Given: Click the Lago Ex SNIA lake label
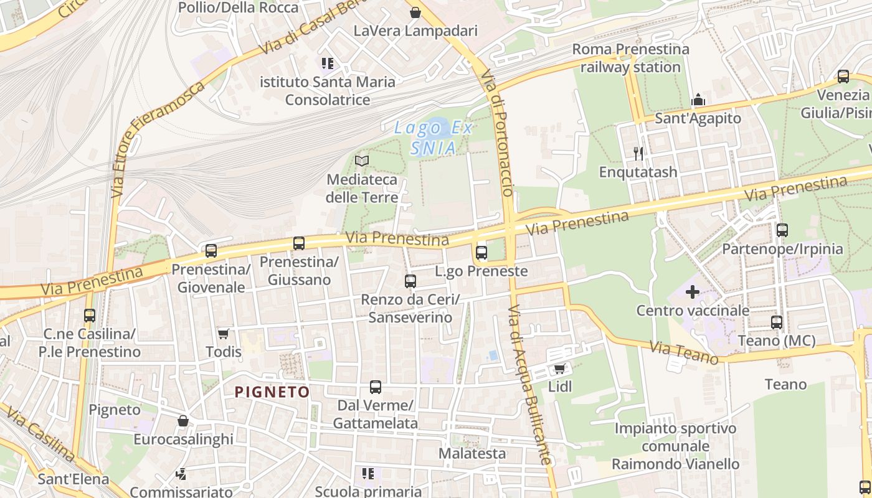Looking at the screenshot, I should click(434, 138).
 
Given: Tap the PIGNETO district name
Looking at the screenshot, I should click(272, 392).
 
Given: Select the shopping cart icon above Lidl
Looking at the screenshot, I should click(559, 369).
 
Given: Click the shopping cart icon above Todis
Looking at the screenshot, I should click(223, 334).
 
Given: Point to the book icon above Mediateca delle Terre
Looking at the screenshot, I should click(362, 161).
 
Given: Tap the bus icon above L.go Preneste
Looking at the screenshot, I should click(481, 253).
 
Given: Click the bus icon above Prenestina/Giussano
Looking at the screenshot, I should click(299, 243).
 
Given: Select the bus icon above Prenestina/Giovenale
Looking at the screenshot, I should click(211, 251).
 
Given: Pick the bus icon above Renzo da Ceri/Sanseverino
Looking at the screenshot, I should click(410, 281).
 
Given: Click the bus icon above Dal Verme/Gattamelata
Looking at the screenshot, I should click(375, 387).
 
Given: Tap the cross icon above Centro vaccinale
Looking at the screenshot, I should click(692, 292).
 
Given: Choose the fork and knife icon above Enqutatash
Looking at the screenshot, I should click(638, 153).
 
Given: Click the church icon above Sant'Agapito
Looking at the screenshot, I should click(698, 100).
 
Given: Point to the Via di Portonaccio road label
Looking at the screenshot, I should click(500, 138).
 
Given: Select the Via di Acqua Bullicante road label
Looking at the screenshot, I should click(530, 385).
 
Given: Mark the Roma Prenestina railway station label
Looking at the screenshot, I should click(630, 58).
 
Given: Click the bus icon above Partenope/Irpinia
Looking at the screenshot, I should click(782, 230).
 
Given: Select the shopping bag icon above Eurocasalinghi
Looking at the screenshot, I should click(183, 421).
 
